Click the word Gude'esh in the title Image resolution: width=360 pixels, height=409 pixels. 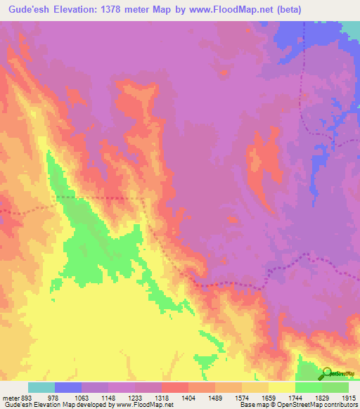[x=25, y=9]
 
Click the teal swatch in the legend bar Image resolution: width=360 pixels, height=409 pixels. [x=41, y=387]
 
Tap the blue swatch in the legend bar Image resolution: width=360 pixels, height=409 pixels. [x=67, y=387]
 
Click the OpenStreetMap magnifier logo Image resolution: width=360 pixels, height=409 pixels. [x=328, y=372]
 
